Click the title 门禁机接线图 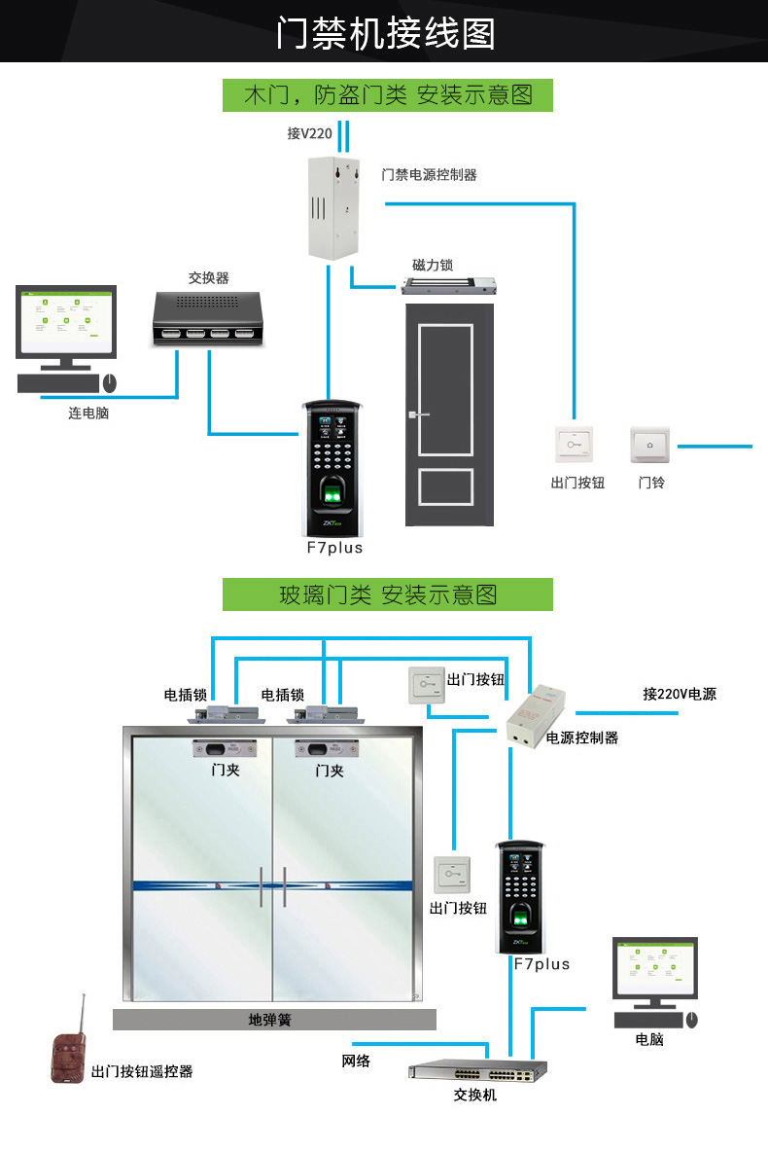(x=385, y=33)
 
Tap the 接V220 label (x=309, y=133)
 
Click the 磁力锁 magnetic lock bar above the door (x=450, y=286)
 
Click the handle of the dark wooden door (x=419, y=416)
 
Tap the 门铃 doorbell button (x=651, y=447)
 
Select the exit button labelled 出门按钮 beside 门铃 (x=574, y=447)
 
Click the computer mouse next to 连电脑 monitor (x=109, y=383)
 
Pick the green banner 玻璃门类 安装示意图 (x=387, y=594)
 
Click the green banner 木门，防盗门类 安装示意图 (x=387, y=95)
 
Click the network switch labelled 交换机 (x=477, y=1070)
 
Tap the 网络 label (x=356, y=1060)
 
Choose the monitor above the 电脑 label (x=654, y=970)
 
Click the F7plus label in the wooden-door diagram (x=334, y=548)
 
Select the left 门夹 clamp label (x=226, y=770)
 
